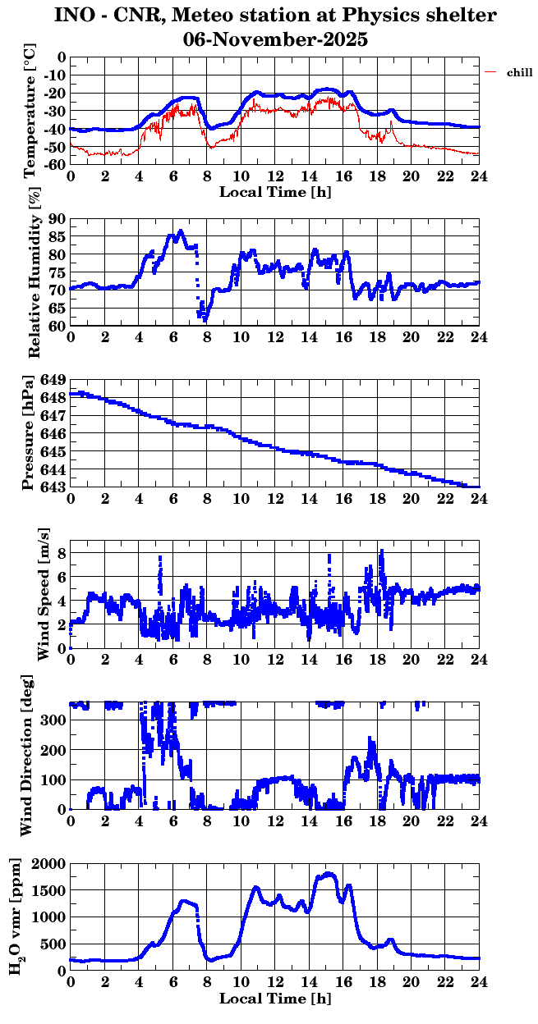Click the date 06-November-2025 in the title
pos(275,39)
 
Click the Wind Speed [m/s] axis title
pos(44,595)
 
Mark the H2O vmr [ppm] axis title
pos(16,917)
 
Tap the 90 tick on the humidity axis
pos(57,219)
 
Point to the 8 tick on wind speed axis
pos(61,553)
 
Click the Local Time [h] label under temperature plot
pos(275,192)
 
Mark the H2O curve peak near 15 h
pos(329,874)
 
